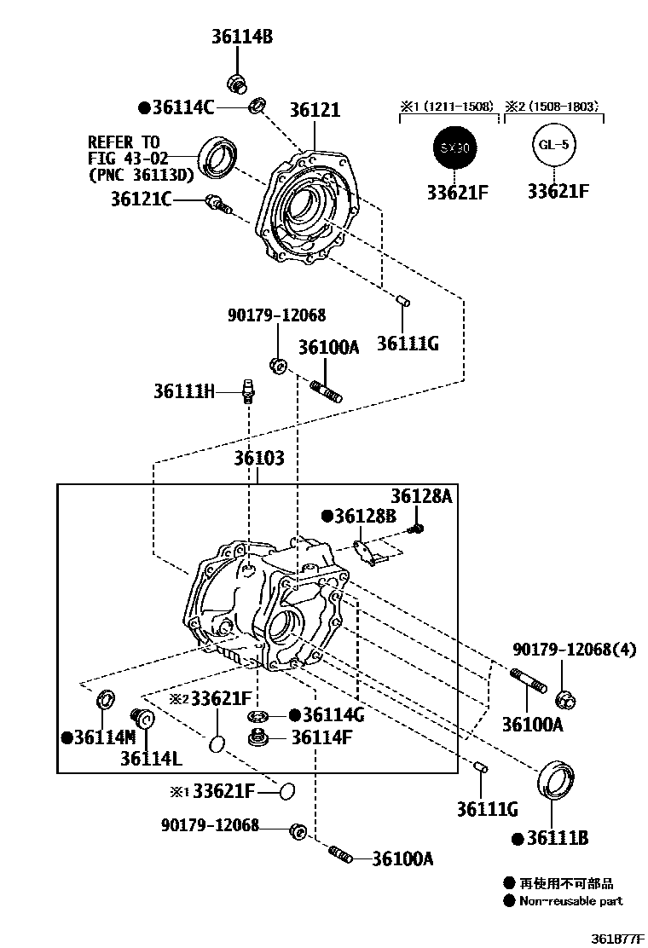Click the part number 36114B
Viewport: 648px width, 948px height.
coord(242,37)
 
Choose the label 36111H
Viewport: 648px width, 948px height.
coord(184,391)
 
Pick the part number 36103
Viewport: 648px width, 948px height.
coord(259,459)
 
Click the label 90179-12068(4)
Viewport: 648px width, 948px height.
coord(575,650)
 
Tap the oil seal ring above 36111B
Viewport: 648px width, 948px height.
coord(556,779)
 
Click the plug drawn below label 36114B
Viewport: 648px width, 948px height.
coord(237,84)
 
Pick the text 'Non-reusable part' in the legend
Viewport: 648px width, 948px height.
coord(571,900)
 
